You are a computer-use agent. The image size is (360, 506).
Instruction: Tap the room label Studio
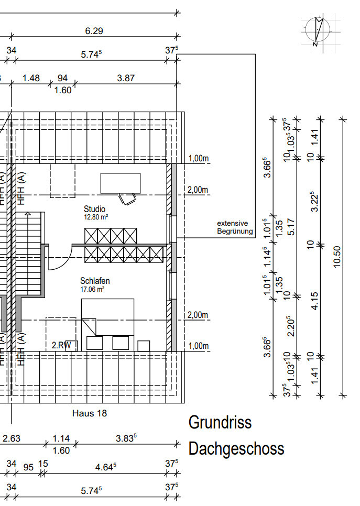tap(94, 209)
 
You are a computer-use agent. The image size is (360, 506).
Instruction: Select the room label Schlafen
tap(95, 281)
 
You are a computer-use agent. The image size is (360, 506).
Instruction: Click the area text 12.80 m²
tap(96, 216)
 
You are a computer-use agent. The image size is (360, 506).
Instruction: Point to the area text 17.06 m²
tap(92, 289)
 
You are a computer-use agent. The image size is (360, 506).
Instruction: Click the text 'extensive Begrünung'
tap(235, 227)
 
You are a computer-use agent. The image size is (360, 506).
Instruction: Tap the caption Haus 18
tap(89, 413)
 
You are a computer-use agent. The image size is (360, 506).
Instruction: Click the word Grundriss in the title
tap(220, 422)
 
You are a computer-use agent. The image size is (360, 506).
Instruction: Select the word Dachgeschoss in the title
tap(236, 448)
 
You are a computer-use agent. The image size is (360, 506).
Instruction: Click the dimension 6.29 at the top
tap(94, 31)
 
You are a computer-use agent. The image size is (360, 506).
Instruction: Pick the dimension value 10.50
tap(336, 256)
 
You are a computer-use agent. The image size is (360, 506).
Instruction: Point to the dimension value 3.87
tap(126, 78)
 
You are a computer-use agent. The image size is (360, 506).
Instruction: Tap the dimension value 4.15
tap(314, 300)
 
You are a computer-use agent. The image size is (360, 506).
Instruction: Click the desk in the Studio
tap(121, 183)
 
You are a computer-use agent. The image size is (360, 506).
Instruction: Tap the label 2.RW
tap(61, 345)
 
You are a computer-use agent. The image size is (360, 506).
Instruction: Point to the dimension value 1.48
tap(31, 78)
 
